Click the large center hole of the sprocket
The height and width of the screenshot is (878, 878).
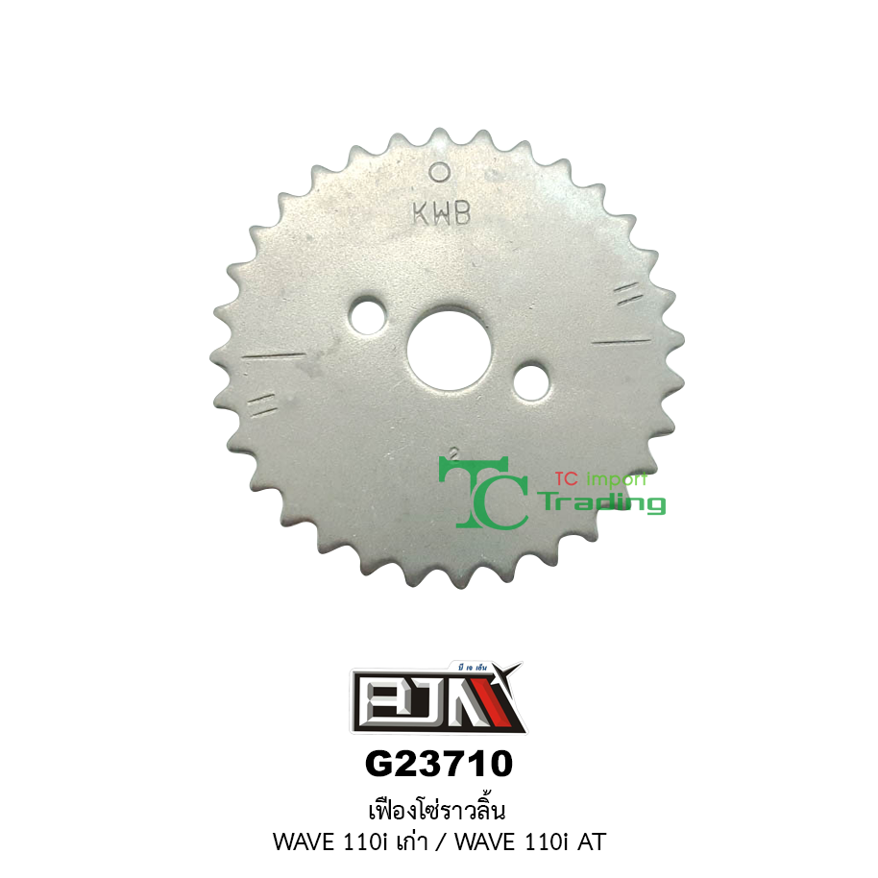pos(449,349)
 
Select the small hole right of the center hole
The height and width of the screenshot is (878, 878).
pos(531,381)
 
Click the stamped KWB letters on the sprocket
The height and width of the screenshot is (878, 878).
pos(442,213)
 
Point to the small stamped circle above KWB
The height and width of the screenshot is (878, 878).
pos(440,173)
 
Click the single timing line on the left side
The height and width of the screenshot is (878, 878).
pos(274,355)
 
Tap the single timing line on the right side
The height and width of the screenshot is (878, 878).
pos(622,341)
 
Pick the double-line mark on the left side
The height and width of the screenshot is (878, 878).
pos(262,404)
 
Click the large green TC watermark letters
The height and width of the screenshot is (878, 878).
pos(483,492)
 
